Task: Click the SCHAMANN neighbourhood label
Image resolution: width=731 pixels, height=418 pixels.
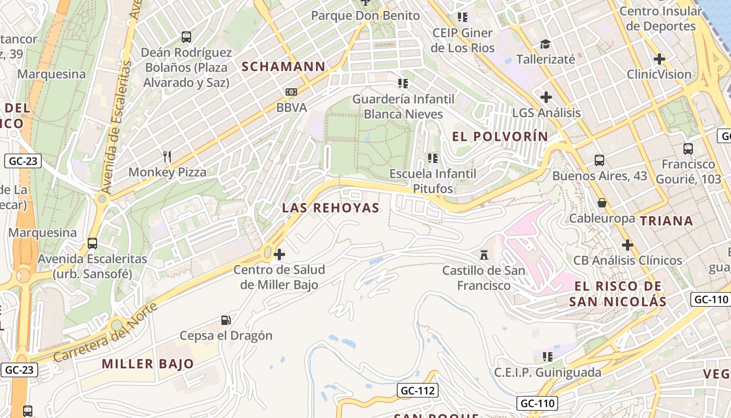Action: [x=284, y=66]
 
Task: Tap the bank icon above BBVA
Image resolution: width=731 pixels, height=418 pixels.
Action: [x=291, y=92]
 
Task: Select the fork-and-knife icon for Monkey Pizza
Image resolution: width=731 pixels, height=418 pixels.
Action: [x=167, y=156]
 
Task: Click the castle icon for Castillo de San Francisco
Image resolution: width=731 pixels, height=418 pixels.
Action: [x=484, y=255]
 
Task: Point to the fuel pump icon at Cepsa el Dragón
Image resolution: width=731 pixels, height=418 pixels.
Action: [x=226, y=320]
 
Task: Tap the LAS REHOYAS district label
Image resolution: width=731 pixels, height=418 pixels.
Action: [x=331, y=207]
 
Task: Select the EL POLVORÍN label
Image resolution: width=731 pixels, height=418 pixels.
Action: [x=500, y=137]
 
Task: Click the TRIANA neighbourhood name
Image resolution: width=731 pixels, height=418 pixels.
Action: [x=666, y=220]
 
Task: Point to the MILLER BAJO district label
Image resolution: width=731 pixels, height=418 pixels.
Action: [x=148, y=364]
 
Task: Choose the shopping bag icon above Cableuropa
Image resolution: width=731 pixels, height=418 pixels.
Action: [x=602, y=202]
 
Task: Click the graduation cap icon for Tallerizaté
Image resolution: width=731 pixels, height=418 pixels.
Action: [x=545, y=44]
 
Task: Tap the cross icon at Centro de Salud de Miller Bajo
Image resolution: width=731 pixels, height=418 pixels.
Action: [x=279, y=254]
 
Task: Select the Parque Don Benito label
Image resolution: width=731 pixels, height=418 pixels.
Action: [x=365, y=16]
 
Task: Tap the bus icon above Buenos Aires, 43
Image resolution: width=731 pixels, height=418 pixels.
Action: [x=599, y=160]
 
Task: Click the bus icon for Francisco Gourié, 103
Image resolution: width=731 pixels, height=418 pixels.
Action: [x=688, y=149]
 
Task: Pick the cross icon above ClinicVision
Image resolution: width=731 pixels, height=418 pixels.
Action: [x=659, y=59]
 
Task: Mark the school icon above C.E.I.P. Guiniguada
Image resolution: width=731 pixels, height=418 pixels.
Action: [x=547, y=357]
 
